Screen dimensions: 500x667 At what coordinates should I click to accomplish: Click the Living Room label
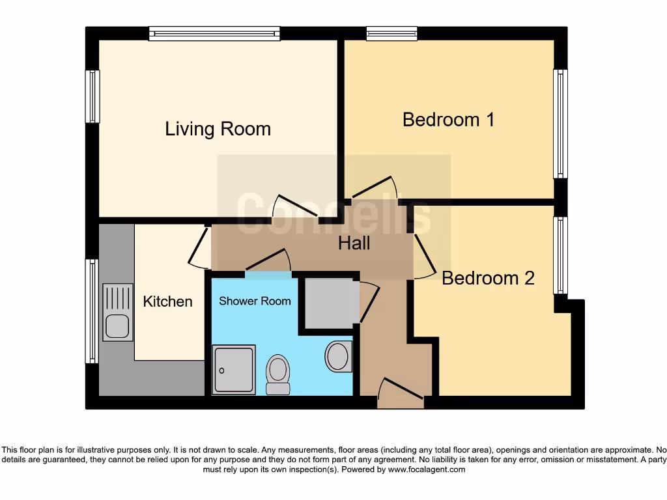(218, 129)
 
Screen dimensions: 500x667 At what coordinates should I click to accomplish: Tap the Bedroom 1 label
(448, 120)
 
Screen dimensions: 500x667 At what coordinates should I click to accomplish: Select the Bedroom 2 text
(488, 278)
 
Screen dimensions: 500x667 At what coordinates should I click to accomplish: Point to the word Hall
(354, 243)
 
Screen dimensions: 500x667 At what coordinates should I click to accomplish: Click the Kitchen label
(167, 301)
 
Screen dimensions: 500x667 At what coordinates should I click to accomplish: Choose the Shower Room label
(255, 301)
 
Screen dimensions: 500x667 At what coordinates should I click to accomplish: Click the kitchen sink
(117, 312)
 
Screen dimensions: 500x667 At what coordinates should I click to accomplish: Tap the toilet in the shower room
(278, 374)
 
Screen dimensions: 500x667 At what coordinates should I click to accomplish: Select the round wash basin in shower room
(338, 356)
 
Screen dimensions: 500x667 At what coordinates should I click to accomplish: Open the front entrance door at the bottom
(400, 395)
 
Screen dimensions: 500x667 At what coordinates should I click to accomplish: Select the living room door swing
(293, 208)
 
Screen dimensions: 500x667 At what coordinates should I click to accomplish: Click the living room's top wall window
(214, 33)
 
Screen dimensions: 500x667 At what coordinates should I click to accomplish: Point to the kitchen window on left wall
(92, 311)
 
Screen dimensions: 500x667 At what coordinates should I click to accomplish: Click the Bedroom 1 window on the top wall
(391, 33)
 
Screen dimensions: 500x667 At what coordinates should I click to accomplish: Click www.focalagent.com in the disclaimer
(426, 469)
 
